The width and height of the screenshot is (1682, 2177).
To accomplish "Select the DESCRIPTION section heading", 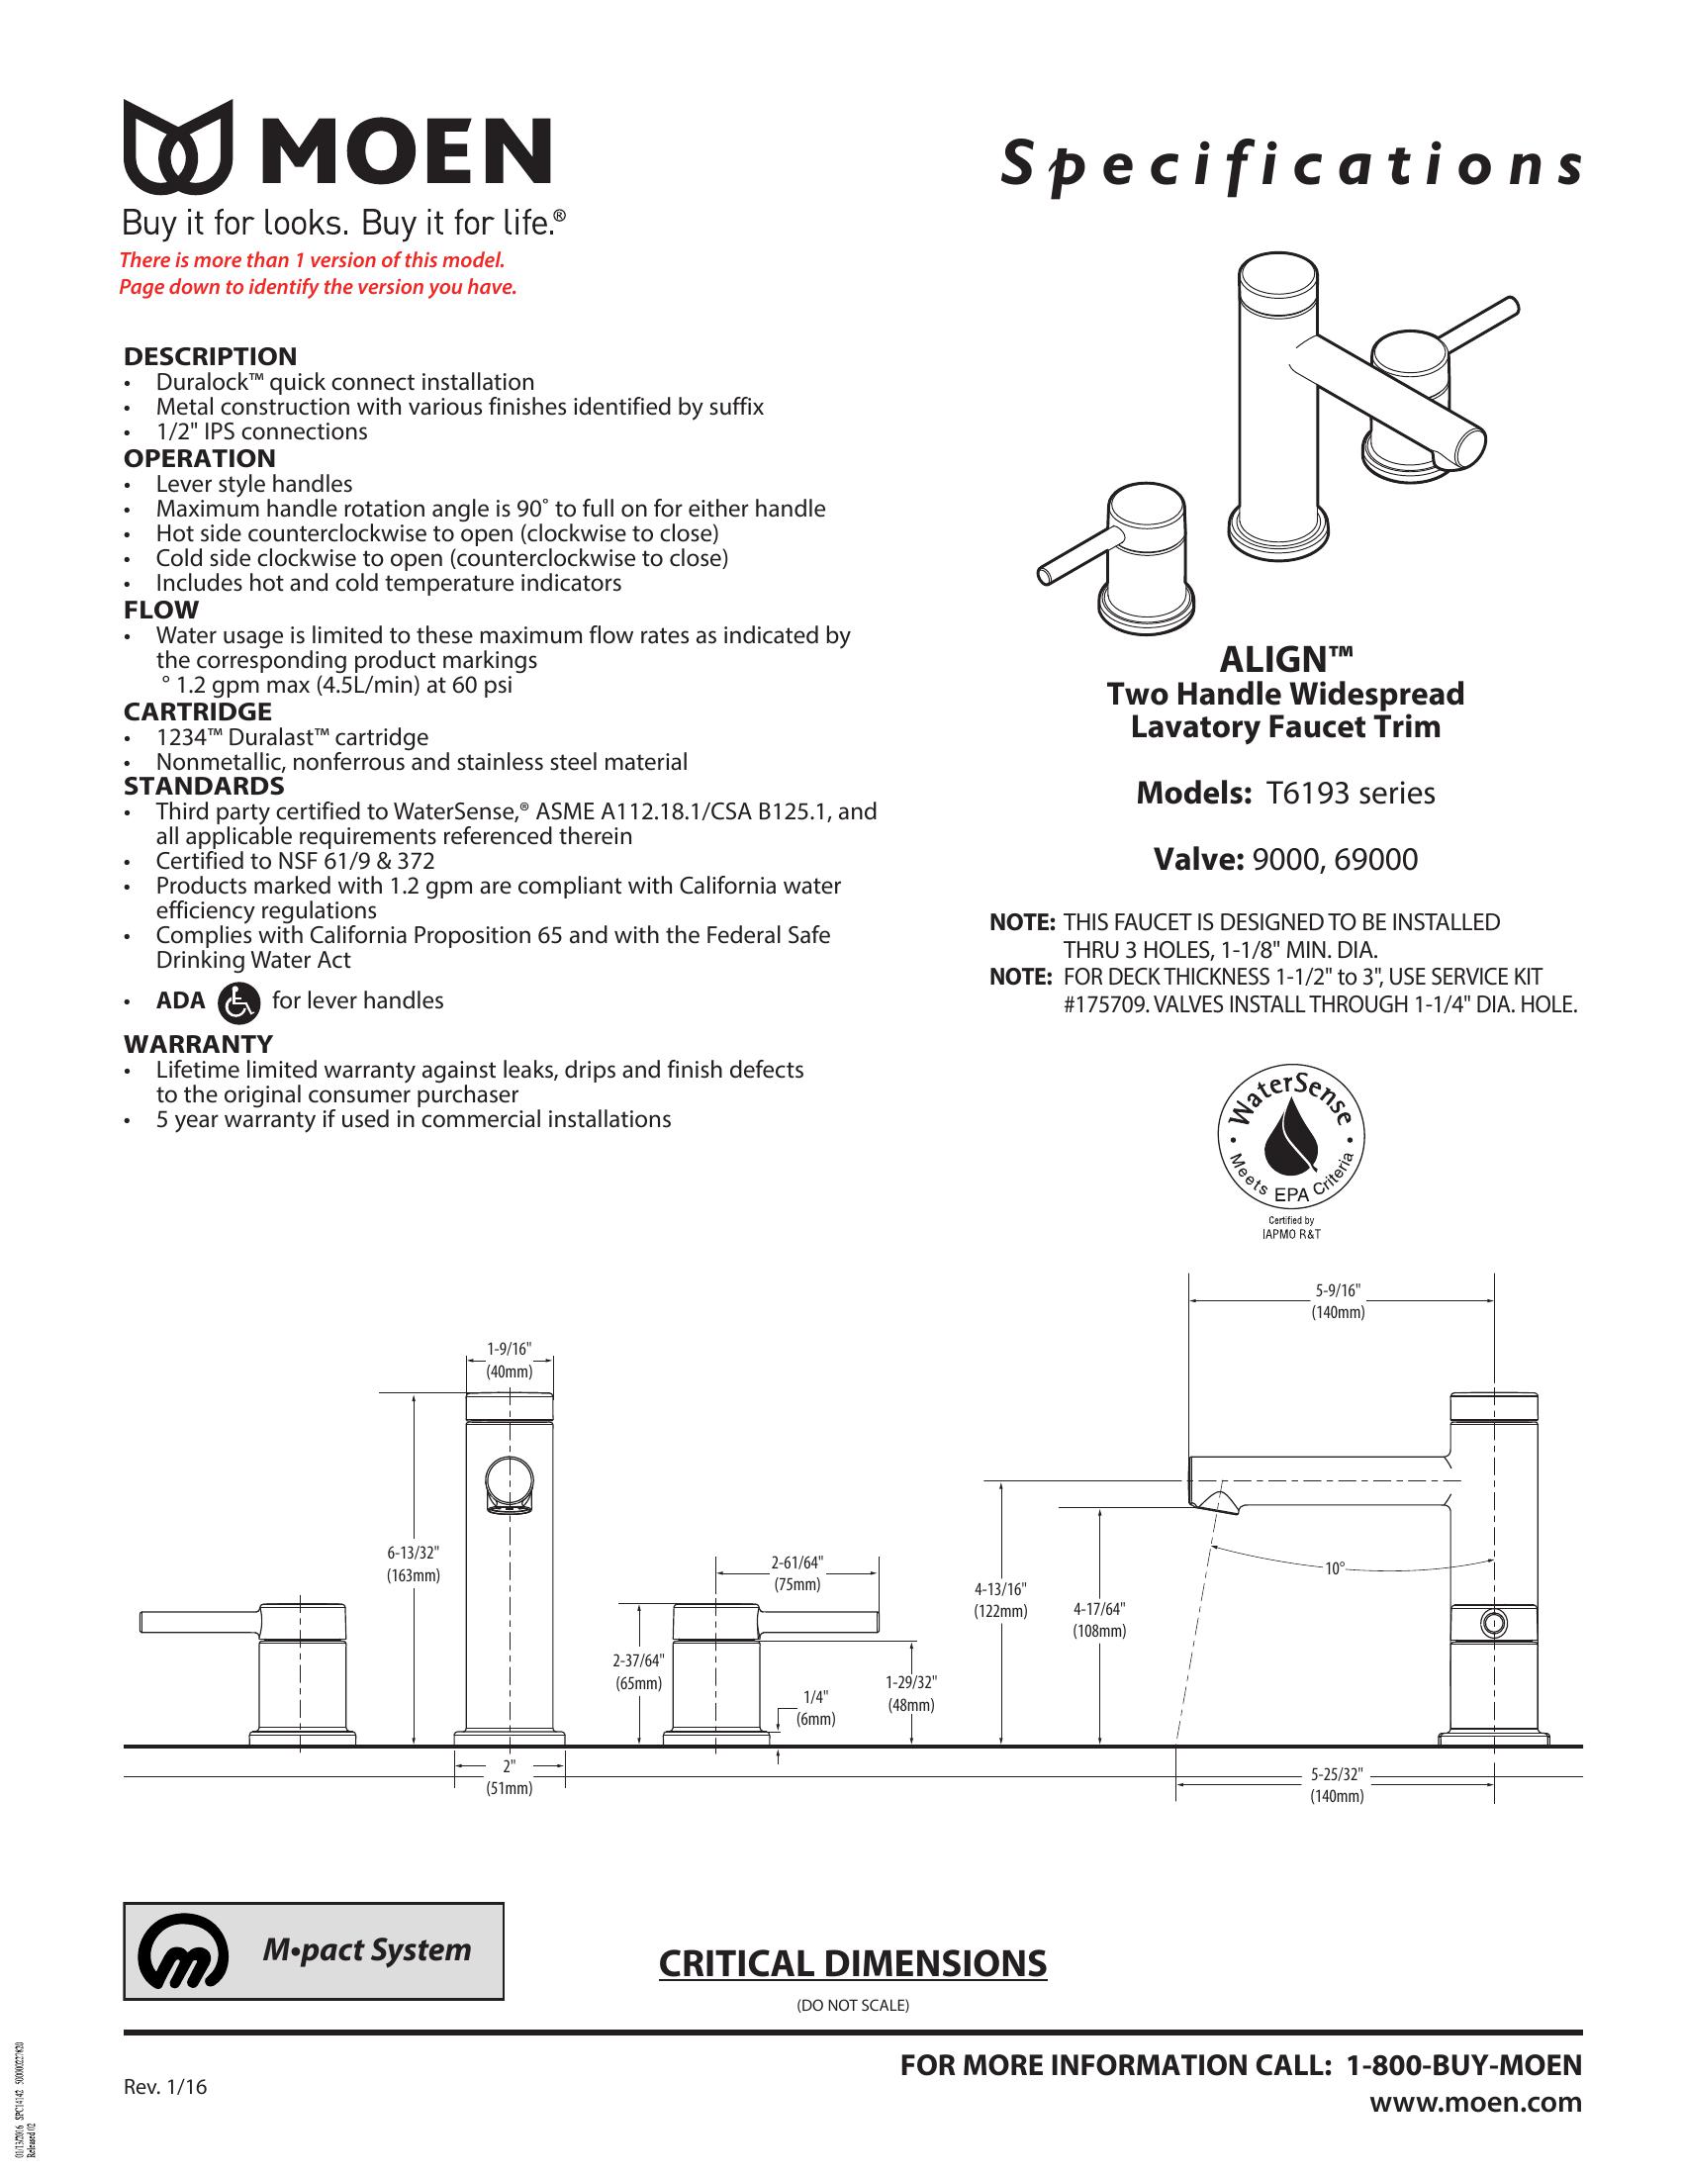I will click(210, 356).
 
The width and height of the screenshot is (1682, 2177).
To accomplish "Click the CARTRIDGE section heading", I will click(197, 711).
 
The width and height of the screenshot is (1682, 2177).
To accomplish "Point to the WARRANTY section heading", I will click(197, 1044).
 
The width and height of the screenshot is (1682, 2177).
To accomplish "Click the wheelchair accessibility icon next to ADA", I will click(237, 1001).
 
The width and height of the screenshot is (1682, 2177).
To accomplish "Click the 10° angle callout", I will click(1335, 1569).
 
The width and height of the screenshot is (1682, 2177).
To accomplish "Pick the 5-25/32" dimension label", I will click(1337, 1775).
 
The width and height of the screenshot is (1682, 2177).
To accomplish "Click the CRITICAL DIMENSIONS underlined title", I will click(852, 1963).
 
